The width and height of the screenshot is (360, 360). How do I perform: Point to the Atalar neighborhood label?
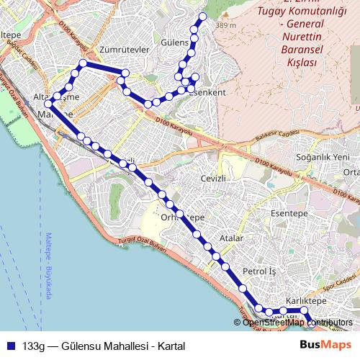coord(232,238)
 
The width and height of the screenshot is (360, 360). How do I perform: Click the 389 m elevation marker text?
coord(225,26)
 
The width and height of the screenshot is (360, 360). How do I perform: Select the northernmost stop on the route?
coord(202,16)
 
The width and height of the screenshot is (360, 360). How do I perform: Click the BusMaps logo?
coord(321,345)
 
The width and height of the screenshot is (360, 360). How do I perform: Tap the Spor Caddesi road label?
coord(338,282)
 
